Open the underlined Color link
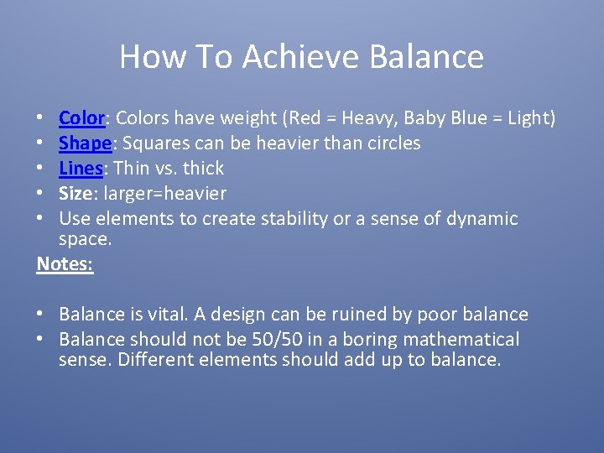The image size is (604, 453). (x=81, y=118)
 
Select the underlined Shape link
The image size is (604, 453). (x=85, y=143)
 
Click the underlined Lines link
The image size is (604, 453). (x=81, y=169)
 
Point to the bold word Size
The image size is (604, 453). (x=75, y=194)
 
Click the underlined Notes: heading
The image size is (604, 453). (x=65, y=263)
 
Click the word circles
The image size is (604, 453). (x=392, y=143)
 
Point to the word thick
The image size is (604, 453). (x=203, y=169)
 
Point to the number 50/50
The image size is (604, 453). (x=276, y=340)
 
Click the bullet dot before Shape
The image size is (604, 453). (x=41, y=143)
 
